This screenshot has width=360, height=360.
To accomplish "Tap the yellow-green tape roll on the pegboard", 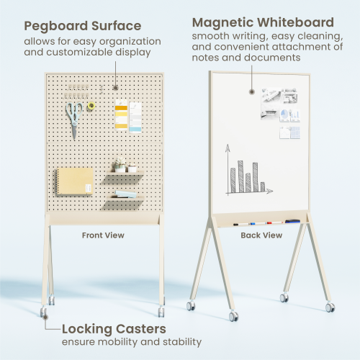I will coord(91,107).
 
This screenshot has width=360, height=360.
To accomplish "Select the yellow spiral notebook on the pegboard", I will coord(75,181).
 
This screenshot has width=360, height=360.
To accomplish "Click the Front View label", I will coord(104,235).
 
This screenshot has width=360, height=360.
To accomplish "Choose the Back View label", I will coord(261,235).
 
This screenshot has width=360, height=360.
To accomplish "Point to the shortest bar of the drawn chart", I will coord(262,186).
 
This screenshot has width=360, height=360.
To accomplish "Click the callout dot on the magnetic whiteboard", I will coord(252,91).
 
